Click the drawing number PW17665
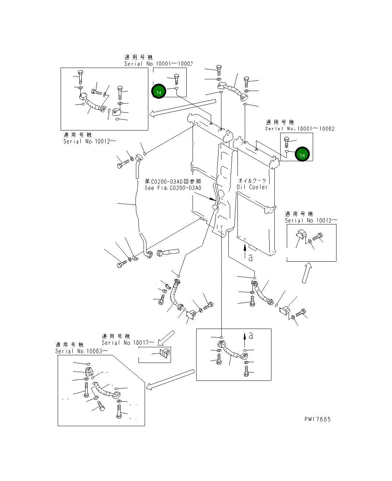click(x=317, y=419)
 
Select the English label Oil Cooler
click(x=252, y=187)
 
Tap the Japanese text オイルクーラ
click(x=252, y=181)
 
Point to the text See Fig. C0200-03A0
click(x=173, y=188)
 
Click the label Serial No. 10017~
click(x=128, y=343)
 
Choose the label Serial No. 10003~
click(x=81, y=351)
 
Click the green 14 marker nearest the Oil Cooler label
click(x=302, y=155)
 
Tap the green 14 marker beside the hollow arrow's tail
click(x=159, y=92)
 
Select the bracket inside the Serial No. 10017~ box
click(x=164, y=354)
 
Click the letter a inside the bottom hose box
click(x=251, y=336)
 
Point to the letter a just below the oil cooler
click(x=250, y=258)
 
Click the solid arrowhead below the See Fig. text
click(x=213, y=200)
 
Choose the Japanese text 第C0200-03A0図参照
click(x=173, y=181)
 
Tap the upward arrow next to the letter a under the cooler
click(x=245, y=251)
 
